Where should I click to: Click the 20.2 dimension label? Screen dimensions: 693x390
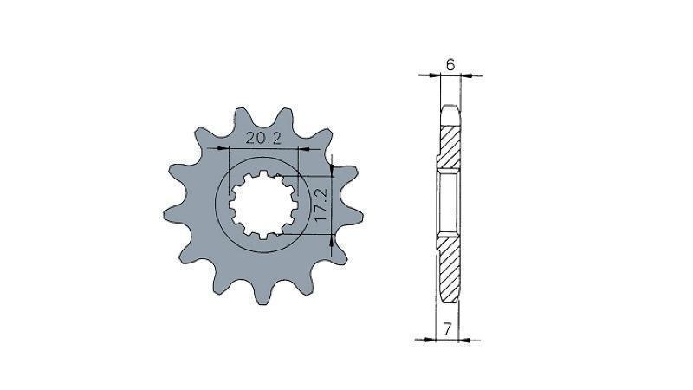(263, 139)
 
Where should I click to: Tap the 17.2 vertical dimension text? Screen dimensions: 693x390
(321, 205)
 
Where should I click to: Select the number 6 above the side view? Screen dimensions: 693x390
(450, 65)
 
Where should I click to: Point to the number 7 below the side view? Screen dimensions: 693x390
(447, 329)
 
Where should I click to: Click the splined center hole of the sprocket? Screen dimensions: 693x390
(263, 205)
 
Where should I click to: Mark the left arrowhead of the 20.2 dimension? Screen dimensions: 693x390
(223, 149)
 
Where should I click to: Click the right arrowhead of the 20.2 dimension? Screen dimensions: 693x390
(305, 149)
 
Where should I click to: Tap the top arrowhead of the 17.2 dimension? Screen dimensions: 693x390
(332, 170)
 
